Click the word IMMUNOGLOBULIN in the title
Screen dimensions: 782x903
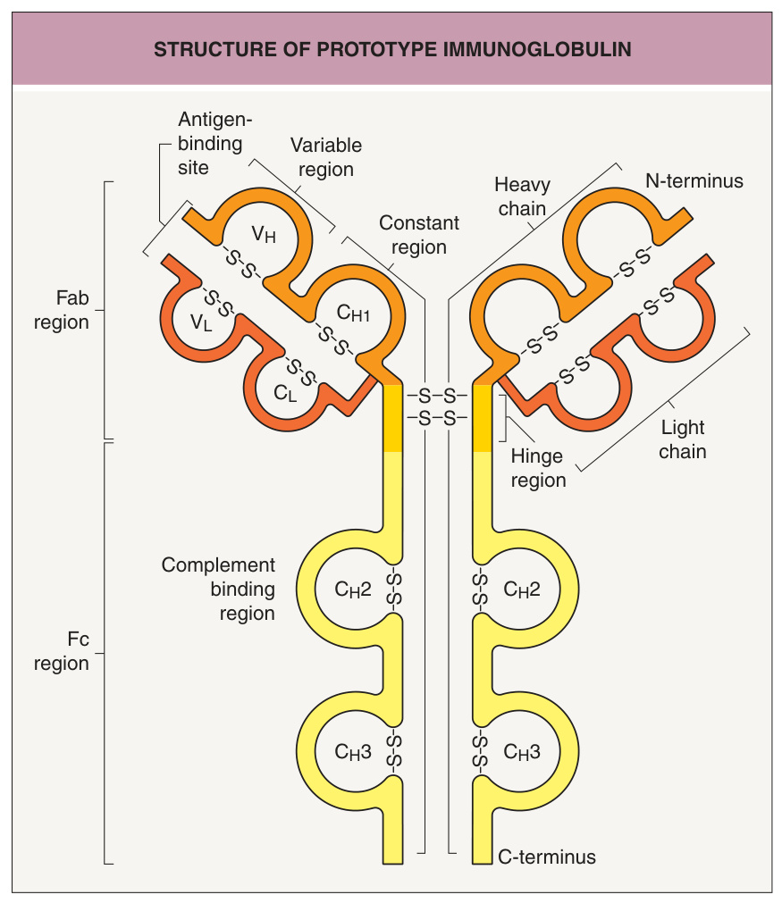pos(537,49)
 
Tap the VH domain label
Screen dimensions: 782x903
pos(264,234)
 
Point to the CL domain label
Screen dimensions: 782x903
pos(285,393)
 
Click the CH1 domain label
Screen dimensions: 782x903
pos(353,313)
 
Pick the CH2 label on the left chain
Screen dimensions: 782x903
pos(353,589)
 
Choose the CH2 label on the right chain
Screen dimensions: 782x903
pos(522,589)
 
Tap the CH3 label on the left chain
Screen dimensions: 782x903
pos(353,751)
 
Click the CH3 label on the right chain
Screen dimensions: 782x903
pos(522,751)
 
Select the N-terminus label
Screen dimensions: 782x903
pos(694,180)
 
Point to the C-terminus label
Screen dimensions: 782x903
pos(547,857)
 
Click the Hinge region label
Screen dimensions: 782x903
pos(538,468)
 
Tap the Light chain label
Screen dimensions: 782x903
pos(682,439)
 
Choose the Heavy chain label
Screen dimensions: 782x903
pos(522,196)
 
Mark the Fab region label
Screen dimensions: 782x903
pos(62,310)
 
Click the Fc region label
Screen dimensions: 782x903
pos(62,651)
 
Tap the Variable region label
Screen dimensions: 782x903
pos(326,157)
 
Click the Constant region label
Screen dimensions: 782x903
pos(419,235)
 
